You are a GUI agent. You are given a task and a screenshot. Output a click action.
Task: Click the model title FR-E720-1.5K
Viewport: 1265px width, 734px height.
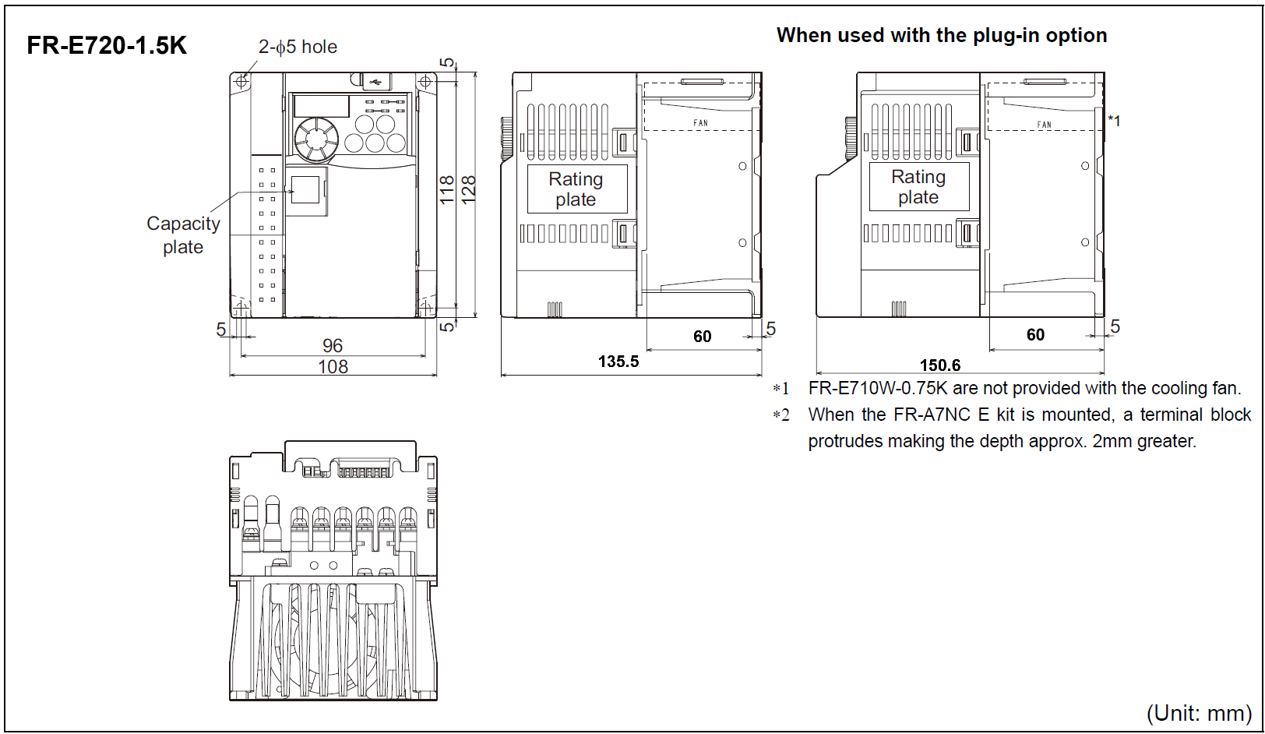coord(107,46)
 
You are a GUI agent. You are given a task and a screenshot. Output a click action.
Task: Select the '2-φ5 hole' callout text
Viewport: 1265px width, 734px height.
coord(298,47)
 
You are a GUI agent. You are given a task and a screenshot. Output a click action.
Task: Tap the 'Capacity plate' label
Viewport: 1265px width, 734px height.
coord(184,235)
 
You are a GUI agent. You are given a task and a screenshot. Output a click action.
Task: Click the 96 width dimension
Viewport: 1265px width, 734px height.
coord(333,345)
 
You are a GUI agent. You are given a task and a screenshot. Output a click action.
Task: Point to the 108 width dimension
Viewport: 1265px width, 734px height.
coord(333,366)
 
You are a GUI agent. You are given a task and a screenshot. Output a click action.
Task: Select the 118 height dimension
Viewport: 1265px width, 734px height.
coord(447,189)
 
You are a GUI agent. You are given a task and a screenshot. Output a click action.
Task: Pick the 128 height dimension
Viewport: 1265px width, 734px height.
coord(468,189)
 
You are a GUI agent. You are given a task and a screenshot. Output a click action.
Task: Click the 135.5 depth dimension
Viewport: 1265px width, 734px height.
coord(618,362)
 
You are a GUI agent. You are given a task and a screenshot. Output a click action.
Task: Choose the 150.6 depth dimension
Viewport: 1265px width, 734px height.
coord(940,365)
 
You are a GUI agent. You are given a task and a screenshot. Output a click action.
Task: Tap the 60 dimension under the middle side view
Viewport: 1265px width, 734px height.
coord(703,336)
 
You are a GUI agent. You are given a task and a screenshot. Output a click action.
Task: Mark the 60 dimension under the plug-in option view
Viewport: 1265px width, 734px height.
coord(1035,334)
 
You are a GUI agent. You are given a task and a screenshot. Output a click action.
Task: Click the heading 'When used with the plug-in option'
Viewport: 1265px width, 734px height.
coord(942,35)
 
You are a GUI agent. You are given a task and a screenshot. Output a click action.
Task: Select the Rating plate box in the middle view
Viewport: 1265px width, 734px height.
coord(576,189)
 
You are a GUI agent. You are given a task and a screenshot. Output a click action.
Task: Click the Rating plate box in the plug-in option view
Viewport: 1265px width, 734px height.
coord(919,187)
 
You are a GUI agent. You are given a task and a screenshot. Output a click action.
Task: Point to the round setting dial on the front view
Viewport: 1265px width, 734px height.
coord(316,140)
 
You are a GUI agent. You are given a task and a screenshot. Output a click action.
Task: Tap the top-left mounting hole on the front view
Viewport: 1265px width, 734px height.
coord(241,81)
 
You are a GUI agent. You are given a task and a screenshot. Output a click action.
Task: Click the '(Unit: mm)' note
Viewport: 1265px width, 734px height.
coord(1199,712)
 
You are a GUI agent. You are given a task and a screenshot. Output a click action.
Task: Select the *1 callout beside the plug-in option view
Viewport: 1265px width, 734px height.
coord(1115,121)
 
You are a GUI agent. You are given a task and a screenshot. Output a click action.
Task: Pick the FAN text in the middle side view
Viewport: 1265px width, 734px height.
coord(701,123)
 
